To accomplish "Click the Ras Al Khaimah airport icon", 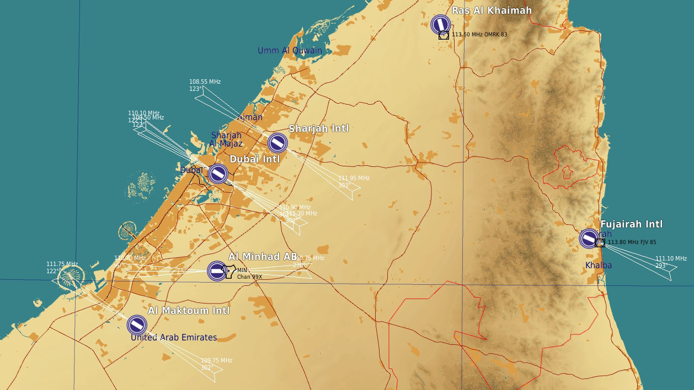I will click(440, 24).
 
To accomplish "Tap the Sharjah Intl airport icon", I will click(277, 143).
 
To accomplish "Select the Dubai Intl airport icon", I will click(218, 174).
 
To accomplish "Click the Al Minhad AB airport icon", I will click(217, 271).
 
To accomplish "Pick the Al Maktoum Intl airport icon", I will click(137, 325).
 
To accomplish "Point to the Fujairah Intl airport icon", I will click(589, 239).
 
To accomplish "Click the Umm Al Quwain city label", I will click(290, 51).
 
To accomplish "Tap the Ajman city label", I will click(249, 117).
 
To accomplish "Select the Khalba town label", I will click(599, 266).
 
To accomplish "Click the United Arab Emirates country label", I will click(174, 337).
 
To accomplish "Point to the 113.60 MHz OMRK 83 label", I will click(479, 34).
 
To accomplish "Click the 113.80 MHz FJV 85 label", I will click(632, 242).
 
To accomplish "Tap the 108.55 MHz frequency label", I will click(205, 82).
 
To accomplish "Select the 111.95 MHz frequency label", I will click(354, 178).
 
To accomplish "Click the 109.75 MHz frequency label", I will click(216, 360).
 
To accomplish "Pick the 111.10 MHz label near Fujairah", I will click(671, 258).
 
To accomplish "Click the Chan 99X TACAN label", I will click(249, 277).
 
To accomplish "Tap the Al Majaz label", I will click(226, 144).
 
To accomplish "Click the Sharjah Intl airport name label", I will click(319, 128).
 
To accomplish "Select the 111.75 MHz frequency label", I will click(62, 264).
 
